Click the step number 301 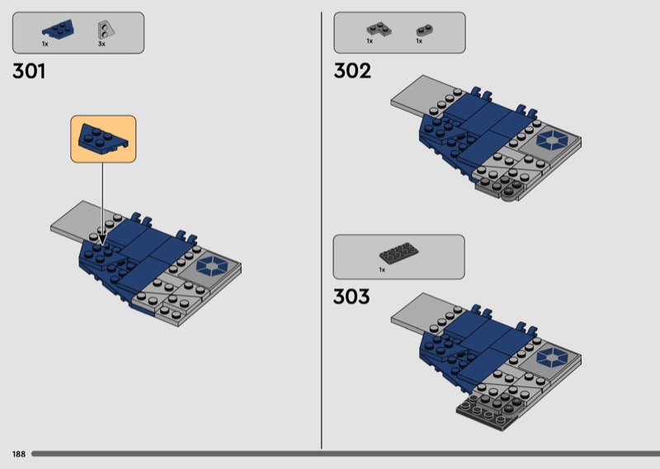pyautogui.click(x=29, y=71)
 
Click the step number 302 pyautogui.click(x=352, y=71)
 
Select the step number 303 pyautogui.click(x=351, y=296)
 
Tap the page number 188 pyautogui.click(x=19, y=454)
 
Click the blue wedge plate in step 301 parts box pyautogui.click(x=58, y=29)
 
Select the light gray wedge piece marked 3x pyautogui.click(x=106, y=30)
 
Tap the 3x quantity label pyautogui.click(x=101, y=44)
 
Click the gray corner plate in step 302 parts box pyautogui.click(x=379, y=29)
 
